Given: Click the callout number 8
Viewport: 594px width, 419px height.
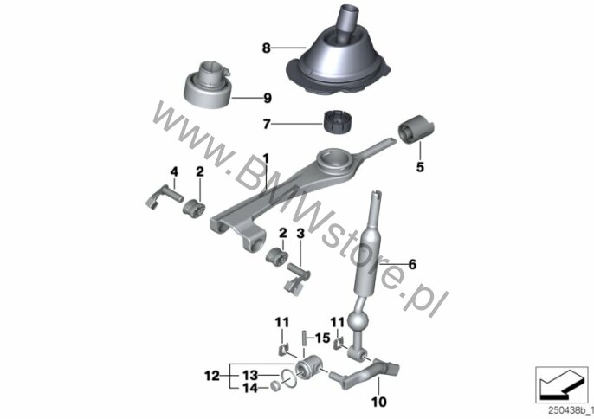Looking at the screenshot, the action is pos(267,48).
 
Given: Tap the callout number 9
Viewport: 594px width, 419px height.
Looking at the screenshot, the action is pos(268,98).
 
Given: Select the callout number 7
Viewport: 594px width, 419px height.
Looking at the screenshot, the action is pos(267,124).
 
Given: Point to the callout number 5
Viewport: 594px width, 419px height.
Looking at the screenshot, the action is pos(420,167).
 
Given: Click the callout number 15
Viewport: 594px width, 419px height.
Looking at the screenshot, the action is pos(323,337).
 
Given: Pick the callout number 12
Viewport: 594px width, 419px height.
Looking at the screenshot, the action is pos(212,376).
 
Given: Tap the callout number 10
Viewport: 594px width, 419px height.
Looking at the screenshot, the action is pos(379,402).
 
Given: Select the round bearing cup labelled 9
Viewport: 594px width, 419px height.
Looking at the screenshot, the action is pos(207,86).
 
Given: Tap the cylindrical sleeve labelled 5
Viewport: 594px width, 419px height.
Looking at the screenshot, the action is pos(416,129).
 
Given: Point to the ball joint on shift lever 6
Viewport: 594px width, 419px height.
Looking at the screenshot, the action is pos(358,321).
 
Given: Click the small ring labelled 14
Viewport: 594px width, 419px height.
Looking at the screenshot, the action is pos(275,386).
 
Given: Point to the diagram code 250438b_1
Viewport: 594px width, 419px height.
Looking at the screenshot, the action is pos(571,410).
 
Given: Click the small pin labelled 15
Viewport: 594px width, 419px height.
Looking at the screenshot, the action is pos(303,337).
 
